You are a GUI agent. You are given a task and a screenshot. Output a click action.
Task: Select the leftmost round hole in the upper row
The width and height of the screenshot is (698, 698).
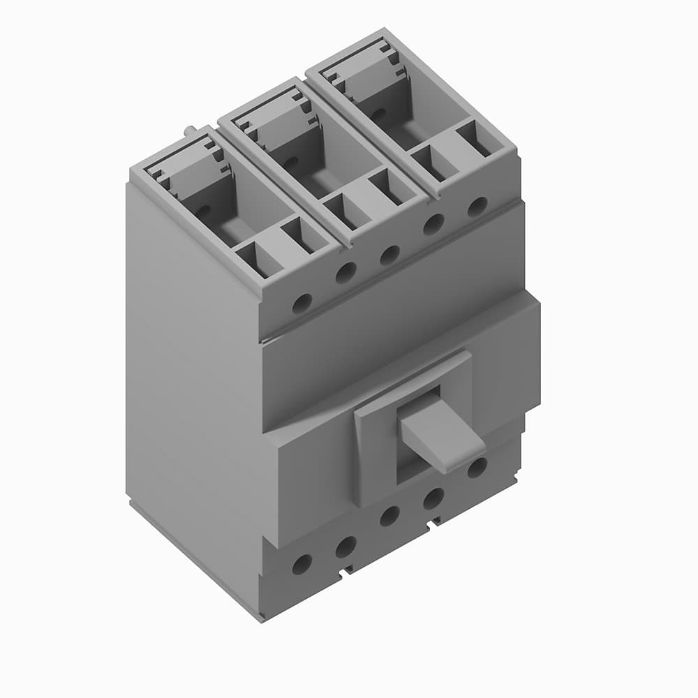click(302, 303)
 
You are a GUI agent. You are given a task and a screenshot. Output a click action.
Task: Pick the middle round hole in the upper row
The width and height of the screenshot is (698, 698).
click(389, 255)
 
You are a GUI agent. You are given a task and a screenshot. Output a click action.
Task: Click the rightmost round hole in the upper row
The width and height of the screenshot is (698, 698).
click(477, 207)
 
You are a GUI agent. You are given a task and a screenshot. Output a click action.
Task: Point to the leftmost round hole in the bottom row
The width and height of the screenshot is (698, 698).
click(302, 564)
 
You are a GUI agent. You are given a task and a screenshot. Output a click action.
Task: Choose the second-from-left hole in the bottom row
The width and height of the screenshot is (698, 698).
click(346, 547)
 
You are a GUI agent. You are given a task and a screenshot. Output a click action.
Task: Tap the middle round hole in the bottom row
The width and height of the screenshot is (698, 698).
click(389, 516)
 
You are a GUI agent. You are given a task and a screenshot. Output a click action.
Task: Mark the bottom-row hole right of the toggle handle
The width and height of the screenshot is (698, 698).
click(477, 467)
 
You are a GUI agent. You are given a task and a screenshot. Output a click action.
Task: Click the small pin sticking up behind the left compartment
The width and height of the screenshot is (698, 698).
click(191, 130)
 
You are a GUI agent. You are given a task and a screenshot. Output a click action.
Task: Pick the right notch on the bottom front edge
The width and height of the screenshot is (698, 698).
click(436, 521)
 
